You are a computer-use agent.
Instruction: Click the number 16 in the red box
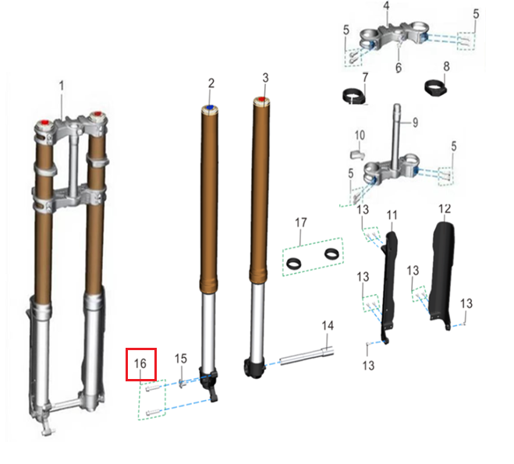click(140, 363)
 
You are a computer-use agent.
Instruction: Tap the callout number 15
click(181, 359)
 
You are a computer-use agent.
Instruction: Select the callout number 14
click(328, 325)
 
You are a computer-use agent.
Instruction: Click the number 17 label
click(301, 222)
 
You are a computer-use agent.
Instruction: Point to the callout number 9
click(415, 122)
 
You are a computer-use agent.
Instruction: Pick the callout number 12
click(445, 208)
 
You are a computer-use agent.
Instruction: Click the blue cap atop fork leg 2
click(210, 107)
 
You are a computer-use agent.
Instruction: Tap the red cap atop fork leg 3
click(261, 99)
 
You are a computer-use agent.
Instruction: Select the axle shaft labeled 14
click(307, 356)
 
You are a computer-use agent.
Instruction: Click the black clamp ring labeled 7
click(354, 97)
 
